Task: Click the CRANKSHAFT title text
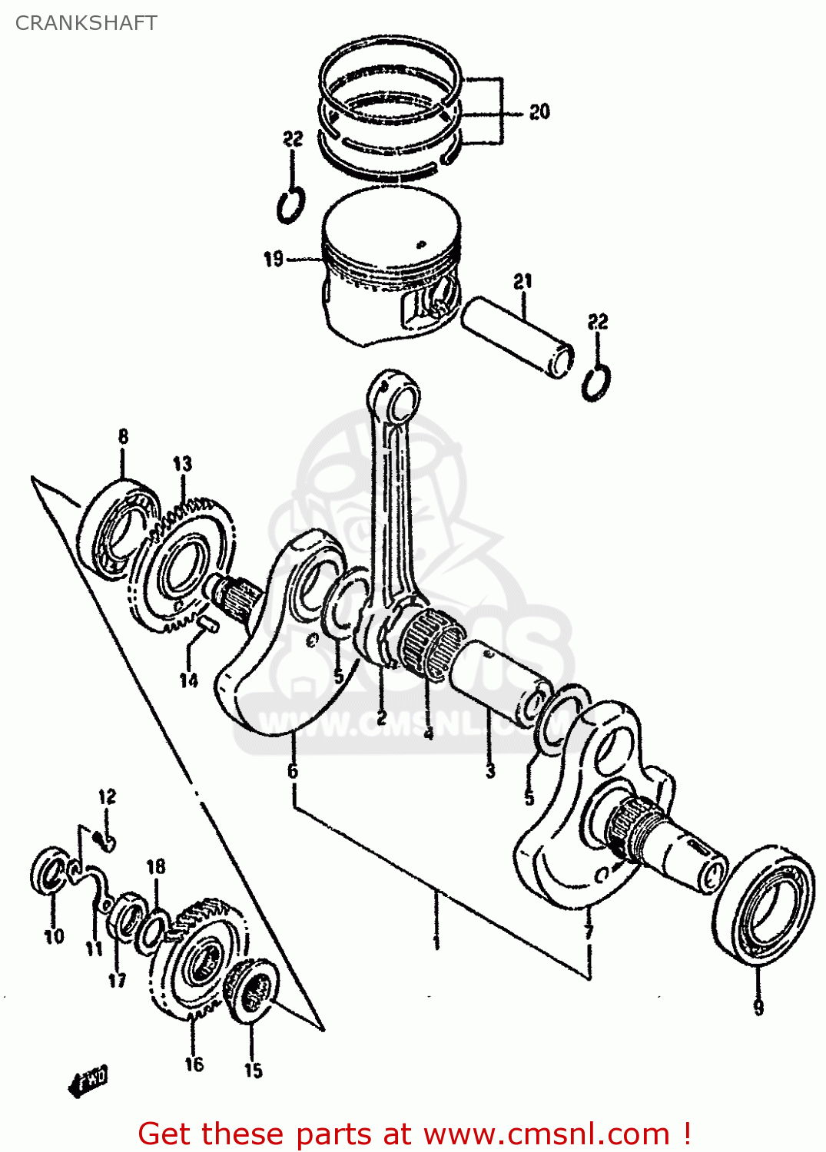[86, 23]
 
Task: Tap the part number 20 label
[539, 112]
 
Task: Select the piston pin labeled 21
[516, 338]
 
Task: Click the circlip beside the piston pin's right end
[596, 383]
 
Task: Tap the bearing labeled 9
[764, 907]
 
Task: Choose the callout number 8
[124, 437]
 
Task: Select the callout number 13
[182, 464]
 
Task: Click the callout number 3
[490, 771]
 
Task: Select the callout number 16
[194, 1064]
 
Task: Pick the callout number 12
[107, 796]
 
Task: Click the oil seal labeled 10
[51, 871]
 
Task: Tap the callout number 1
[436, 941]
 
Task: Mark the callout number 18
[156, 866]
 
